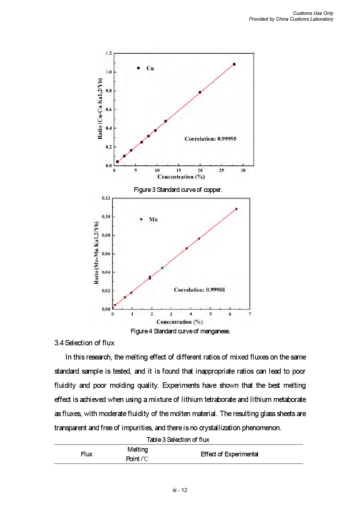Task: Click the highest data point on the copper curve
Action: click(x=234, y=64)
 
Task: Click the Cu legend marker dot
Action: click(x=138, y=68)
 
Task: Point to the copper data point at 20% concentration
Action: click(x=200, y=92)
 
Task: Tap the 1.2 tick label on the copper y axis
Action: click(x=109, y=53)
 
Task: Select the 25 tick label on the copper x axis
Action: click(x=221, y=170)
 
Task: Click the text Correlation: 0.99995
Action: click(x=210, y=139)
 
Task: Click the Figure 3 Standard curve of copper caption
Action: click(x=178, y=190)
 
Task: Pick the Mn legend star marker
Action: click(x=141, y=219)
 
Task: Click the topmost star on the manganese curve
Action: click(x=236, y=209)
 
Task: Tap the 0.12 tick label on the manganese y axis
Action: click(x=106, y=198)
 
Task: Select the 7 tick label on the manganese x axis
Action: click(x=250, y=314)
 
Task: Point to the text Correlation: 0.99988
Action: click(x=199, y=290)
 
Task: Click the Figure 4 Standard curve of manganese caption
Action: click(x=180, y=331)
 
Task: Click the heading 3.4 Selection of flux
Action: click(x=84, y=343)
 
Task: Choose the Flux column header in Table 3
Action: click(x=86, y=454)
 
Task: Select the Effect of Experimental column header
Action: click(x=229, y=454)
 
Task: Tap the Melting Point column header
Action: click(x=137, y=454)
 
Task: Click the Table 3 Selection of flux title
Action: click(x=178, y=440)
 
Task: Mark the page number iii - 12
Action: click(x=180, y=490)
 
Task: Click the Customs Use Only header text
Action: click(x=313, y=13)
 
